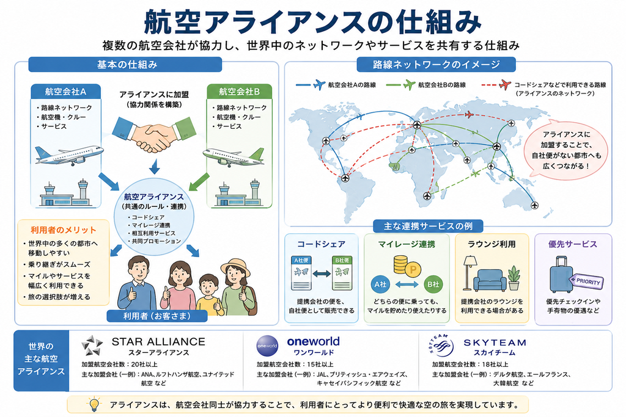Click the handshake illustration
tap(154, 134)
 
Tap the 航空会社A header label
tap(66, 92)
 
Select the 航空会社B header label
tap(240, 92)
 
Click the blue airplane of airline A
tap(69, 155)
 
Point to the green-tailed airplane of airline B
tap(233, 157)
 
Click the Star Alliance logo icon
tap(92, 345)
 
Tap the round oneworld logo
tap(267, 345)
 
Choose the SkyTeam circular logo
tap(441, 345)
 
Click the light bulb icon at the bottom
tap(94, 404)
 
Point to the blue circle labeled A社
tap(380, 285)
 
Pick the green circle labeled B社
tap(433, 285)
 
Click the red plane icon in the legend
tap(505, 84)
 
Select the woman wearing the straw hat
tap(237, 288)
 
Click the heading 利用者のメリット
tap(64, 230)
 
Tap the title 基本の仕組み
tap(127, 65)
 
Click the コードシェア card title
tap(321, 244)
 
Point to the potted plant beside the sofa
tap(514, 278)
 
